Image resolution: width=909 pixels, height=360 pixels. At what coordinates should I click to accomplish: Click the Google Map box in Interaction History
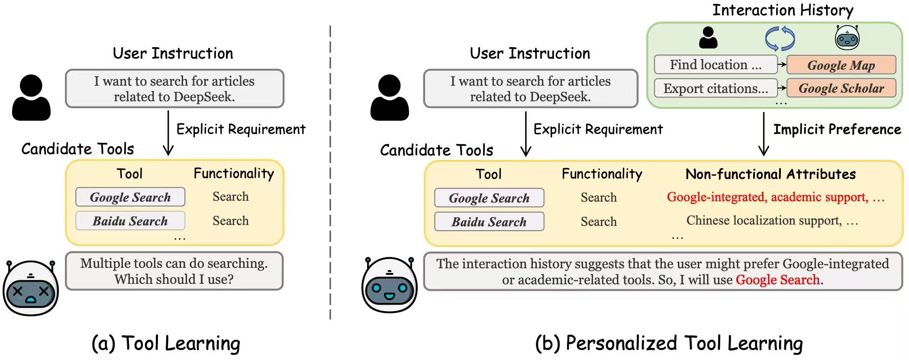tap(841, 65)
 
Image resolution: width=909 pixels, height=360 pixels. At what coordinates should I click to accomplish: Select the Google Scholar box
tap(841, 88)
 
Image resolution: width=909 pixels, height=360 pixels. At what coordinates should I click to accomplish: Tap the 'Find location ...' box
tap(716, 65)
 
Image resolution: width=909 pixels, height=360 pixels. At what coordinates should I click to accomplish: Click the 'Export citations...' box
tap(716, 88)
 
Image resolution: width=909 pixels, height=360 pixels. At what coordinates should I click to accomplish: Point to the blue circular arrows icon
tap(780, 39)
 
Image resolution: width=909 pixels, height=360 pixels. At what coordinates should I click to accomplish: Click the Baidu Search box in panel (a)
tap(130, 221)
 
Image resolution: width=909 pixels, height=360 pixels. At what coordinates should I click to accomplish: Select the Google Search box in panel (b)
tap(489, 198)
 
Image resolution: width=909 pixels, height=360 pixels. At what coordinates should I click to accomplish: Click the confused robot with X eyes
tap(31, 288)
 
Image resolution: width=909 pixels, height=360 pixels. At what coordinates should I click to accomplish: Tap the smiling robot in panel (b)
tap(390, 286)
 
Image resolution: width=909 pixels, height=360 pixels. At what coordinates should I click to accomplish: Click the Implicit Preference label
tap(837, 129)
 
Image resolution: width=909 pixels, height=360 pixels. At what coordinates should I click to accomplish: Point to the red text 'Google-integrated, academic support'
tap(767, 197)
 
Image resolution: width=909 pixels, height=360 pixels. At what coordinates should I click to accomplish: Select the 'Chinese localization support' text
tap(764, 221)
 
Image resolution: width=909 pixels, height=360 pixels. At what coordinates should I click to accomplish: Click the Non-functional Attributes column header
tap(770, 174)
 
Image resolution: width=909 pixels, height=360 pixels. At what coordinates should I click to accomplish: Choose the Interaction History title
tap(783, 10)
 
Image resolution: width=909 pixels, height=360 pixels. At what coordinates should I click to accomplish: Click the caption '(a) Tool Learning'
tap(166, 344)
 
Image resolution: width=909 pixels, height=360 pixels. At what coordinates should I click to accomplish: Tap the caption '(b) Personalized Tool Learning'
tap(669, 344)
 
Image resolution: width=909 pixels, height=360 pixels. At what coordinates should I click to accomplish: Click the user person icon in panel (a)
tap(31, 97)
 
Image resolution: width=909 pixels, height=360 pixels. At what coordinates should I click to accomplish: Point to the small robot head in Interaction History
tap(847, 38)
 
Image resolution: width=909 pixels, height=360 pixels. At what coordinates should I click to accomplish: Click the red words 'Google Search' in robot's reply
tap(777, 280)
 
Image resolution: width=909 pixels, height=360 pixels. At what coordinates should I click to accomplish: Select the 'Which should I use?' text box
tap(174, 271)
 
